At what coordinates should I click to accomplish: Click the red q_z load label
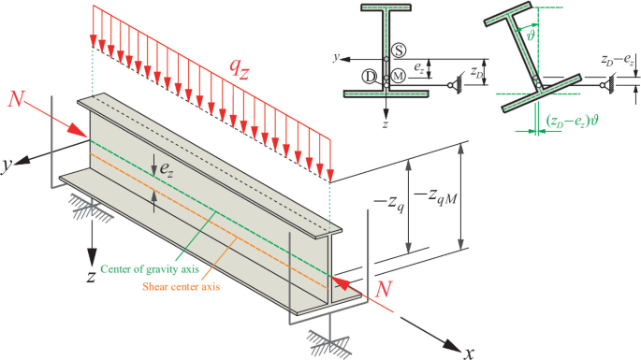(240, 70)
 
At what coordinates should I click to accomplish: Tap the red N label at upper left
(16, 99)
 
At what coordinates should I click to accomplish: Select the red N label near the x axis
(384, 289)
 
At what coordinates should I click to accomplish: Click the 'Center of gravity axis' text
(150, 269)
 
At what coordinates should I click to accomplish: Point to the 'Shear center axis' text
(182, 286)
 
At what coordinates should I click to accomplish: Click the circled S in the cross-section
(399, 50)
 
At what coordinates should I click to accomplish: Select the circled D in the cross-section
(370, 77)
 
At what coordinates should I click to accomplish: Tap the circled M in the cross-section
(399, 76)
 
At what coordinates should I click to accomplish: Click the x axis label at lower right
(469, 353)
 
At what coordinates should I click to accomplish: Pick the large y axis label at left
(7, 166)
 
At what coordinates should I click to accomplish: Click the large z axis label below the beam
(91, 277)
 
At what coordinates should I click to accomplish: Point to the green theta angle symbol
(531, 36)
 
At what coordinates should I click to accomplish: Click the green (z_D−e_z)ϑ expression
(572, 121)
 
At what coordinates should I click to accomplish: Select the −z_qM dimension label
(435, 197)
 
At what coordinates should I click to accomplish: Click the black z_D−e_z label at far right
(618, 60)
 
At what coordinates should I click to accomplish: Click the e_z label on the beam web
(167, 168)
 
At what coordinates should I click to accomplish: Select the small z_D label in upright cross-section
(476, 71)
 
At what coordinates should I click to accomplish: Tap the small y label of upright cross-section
(336, 58)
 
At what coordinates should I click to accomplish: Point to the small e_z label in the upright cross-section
(419, 67)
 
